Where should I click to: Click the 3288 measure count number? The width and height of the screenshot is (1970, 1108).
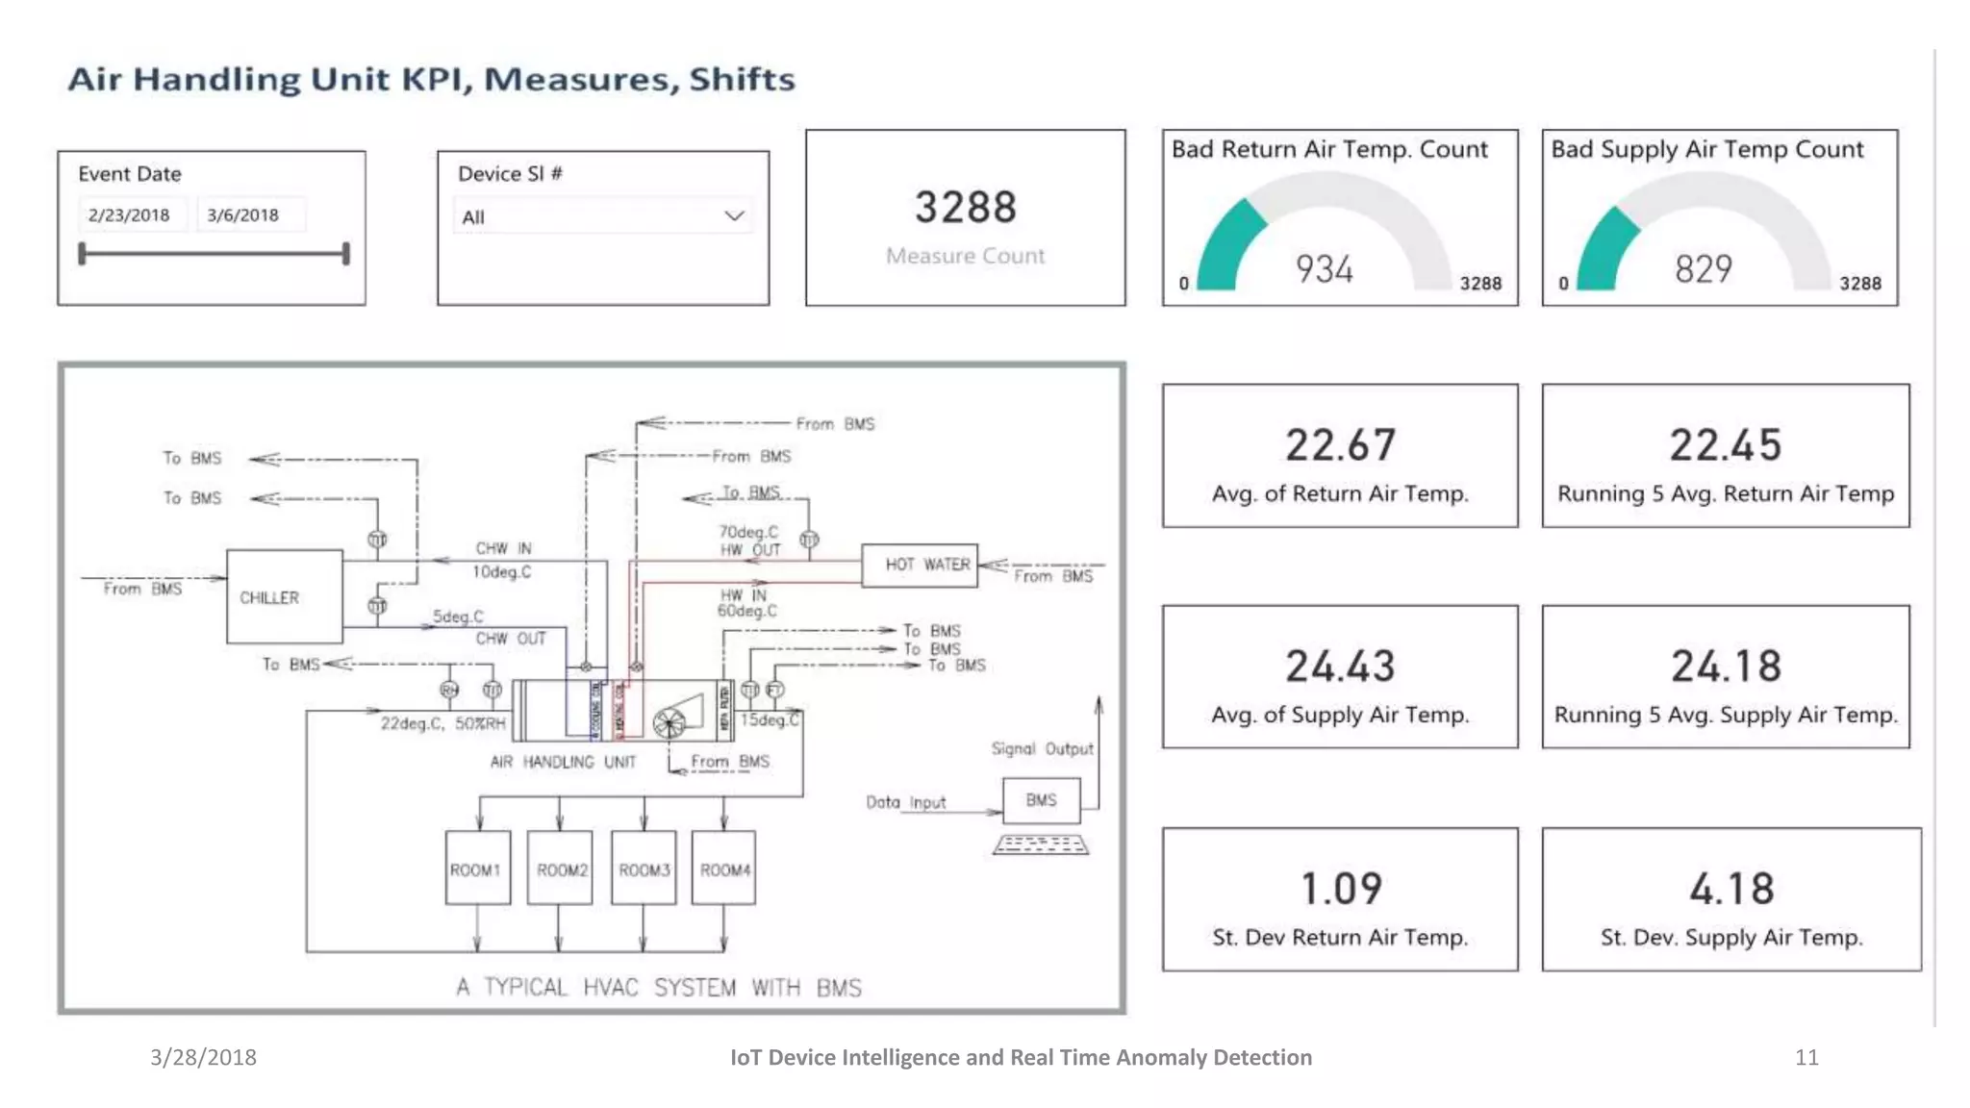(965, 208)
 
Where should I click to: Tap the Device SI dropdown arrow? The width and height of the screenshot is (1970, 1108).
(734, 216)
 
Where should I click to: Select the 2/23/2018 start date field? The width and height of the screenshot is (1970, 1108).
(129, 215)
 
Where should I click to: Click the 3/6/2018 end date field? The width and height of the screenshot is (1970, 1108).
(243, 215)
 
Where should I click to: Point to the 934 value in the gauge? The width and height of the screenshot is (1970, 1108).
(1325, 269)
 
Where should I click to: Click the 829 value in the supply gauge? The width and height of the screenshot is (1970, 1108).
(1704, 269)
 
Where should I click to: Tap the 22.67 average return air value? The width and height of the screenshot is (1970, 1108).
(1340, 445)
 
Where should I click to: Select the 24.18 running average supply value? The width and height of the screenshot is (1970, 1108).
(1726, 667)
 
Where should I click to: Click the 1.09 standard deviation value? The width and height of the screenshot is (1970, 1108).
(1341, 889)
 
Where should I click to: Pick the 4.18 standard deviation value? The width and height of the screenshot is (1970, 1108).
(1731, 889)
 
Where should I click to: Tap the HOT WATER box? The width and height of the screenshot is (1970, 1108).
(920, 565)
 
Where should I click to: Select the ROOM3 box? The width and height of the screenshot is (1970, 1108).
(644, 869)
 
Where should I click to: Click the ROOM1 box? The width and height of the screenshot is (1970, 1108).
(477, 869)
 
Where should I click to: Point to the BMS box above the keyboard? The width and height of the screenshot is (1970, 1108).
(1041, 800)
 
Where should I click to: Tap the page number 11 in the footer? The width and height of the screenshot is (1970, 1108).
(1806, 1057)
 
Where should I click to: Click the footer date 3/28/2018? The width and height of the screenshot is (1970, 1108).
(203, 1057)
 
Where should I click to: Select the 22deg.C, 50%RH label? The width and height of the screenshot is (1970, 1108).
(442, 723)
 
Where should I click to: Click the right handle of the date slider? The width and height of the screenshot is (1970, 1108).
(345, 254)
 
